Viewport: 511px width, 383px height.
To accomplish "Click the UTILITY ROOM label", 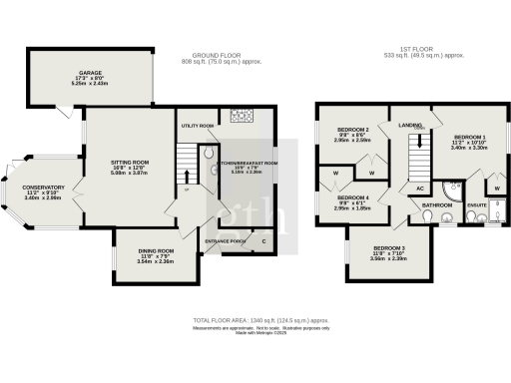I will (x=198, y=127).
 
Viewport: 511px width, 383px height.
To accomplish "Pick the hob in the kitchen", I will (x=244, y=117).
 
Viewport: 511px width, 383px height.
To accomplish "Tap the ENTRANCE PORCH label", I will (x=224, y=241).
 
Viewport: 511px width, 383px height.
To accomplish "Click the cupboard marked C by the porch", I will (x=262, y=241).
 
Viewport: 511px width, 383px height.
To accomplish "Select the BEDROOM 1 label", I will (x=470, y=136).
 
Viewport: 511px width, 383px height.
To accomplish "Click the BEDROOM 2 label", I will (x=352, y=131).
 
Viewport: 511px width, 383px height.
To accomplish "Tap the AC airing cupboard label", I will (x=419, y=189).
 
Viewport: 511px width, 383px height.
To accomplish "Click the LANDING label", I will (x=410, y=125).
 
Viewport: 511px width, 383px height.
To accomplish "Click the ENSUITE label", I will (x=477, y=205).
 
